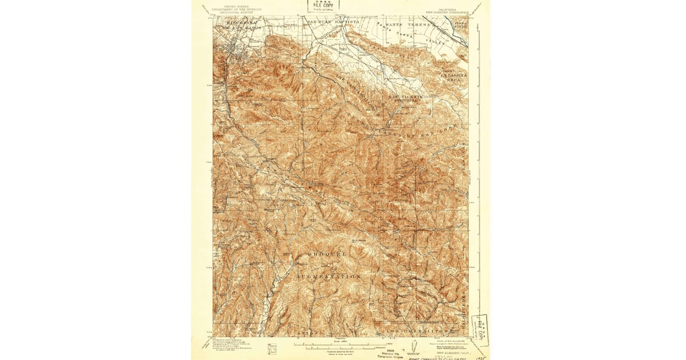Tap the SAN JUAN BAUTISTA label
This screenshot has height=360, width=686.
pos(333,22)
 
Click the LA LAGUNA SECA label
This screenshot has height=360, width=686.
pos(454,77)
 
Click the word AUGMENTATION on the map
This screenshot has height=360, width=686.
pos(328,276)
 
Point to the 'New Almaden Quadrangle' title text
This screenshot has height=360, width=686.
pos(452,11)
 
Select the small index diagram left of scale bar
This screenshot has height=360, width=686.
pos(272,346)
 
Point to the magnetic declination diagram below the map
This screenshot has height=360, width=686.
pos(416,346)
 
